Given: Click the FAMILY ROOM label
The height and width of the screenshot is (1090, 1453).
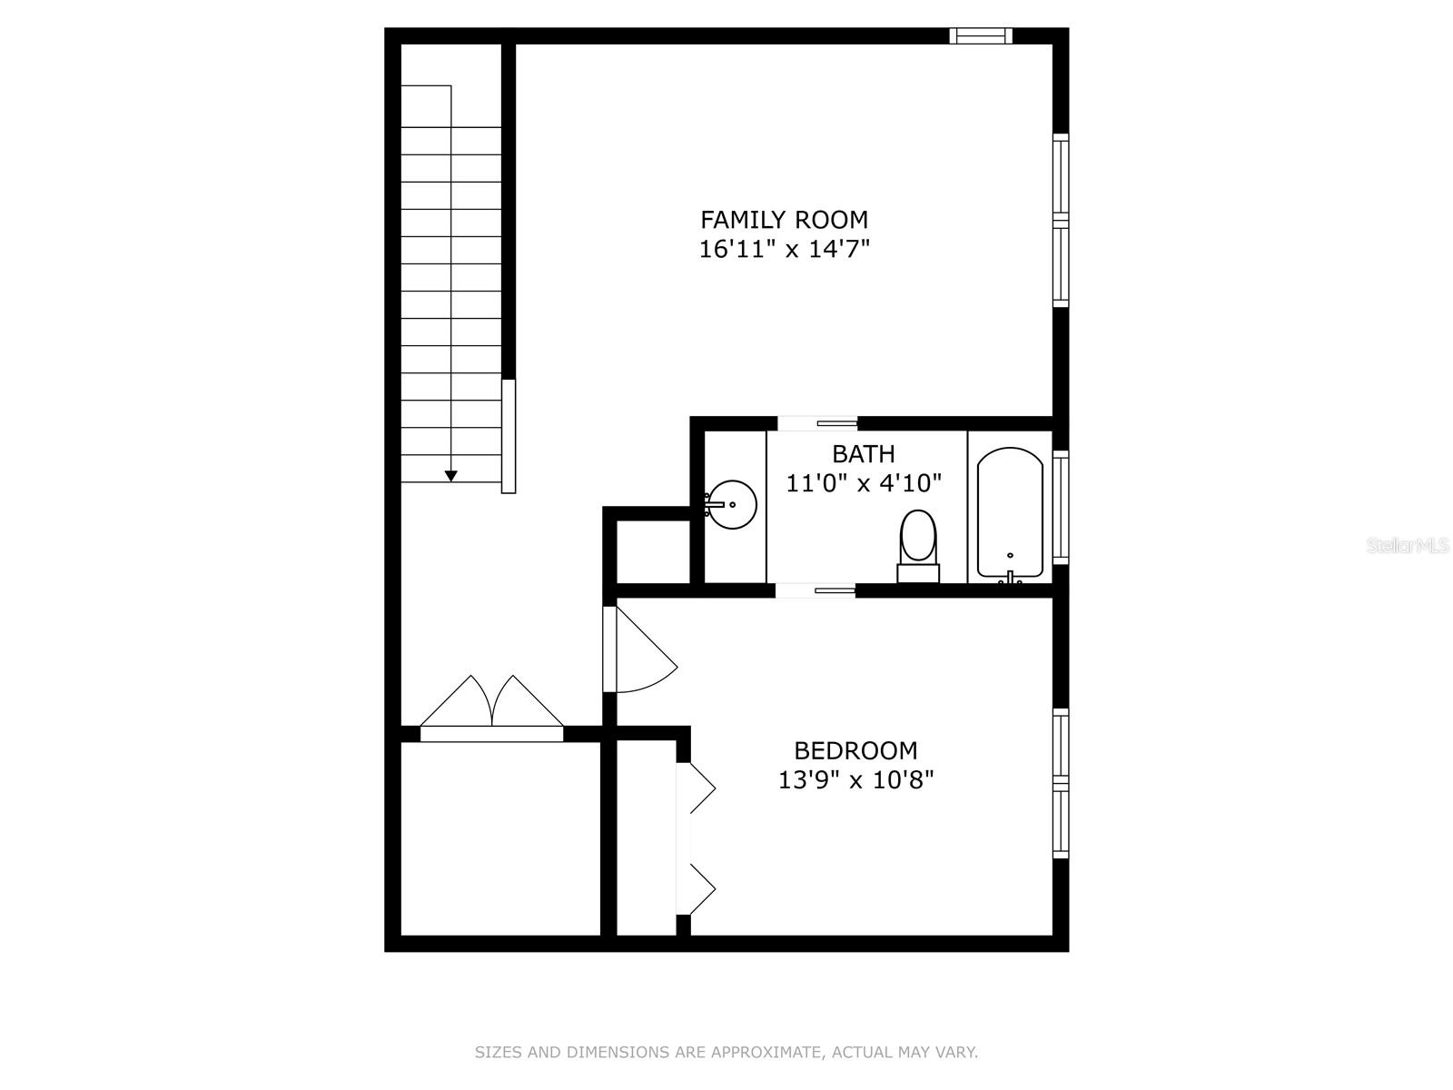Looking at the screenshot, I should click(784, 220).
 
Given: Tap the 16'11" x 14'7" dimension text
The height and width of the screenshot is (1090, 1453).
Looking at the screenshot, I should click(784, 250).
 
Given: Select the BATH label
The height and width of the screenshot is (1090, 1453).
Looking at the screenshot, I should click(863, 453).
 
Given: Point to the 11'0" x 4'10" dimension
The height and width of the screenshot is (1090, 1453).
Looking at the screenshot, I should click(863, 483).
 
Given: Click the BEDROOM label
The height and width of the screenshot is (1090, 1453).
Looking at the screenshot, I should click(855, 750).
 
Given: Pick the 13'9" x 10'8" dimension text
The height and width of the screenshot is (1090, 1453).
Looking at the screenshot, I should click(855, 779).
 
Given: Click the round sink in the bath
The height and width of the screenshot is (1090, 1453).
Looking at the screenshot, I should click(732, 504).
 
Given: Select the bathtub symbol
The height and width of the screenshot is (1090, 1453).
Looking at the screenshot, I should click(1009, 513).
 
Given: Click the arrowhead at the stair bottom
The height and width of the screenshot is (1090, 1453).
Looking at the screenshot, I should click(450, 476).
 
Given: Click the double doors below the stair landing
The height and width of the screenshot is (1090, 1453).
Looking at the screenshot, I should click(491, 707).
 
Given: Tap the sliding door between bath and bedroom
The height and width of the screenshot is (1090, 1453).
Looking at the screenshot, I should click(815, 590).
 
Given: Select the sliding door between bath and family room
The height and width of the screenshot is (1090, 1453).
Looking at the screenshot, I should click(818, 422).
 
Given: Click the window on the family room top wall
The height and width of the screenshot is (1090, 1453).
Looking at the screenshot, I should click(981, 35).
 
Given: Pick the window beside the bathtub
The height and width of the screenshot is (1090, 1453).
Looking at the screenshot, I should click(1060, 507).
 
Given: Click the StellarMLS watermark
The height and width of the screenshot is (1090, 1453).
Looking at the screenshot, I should click(1408, 546).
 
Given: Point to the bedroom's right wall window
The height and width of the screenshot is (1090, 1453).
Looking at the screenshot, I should click(1060, 783).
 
